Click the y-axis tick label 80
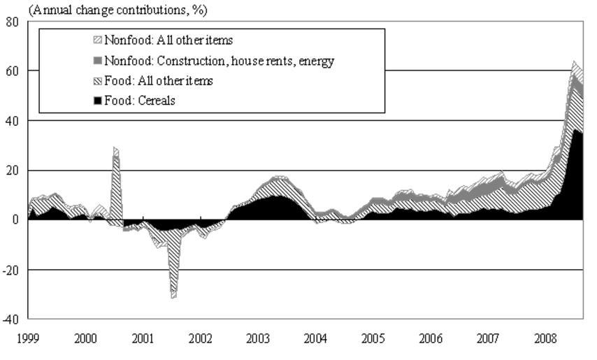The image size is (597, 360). (13, 22)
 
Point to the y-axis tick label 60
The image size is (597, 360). (13, 71)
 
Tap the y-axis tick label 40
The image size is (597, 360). (13, 121)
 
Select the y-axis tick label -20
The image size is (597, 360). (10, 270)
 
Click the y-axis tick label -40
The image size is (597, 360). (10, 319)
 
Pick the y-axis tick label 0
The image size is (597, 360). (16, 220)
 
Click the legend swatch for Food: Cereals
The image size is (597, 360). (98, 101)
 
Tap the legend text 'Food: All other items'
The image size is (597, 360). (159, 81)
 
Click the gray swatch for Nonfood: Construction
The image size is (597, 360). (98, 61)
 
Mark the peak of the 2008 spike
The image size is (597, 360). (574, 62)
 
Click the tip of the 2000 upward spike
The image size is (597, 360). (114, 147)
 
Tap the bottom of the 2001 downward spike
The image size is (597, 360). (173, 298)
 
